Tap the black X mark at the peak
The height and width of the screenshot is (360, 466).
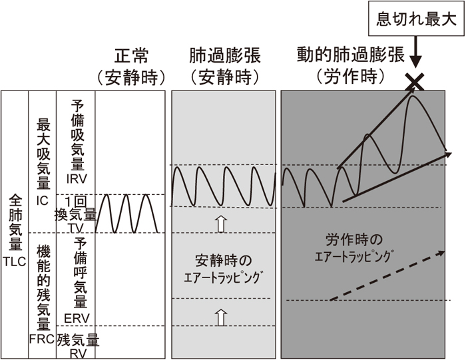point(415,82)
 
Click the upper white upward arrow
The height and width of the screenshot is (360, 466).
point(222,224)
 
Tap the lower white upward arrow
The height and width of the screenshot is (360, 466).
point(222,315)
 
